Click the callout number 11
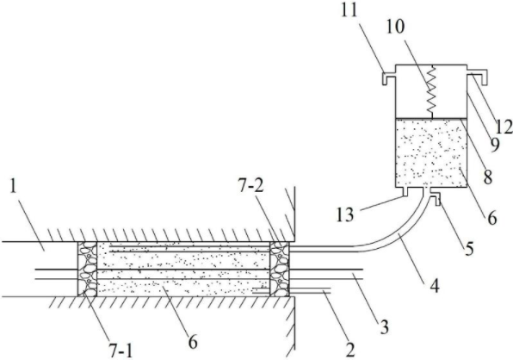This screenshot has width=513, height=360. [349, 11]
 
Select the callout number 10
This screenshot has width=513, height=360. [394, 27]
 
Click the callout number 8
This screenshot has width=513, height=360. [488, 177]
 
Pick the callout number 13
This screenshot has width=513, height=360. [345, 214]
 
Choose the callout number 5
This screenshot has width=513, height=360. [469, 249]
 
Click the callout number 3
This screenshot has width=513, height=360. [384, 326]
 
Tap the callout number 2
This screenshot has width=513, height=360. [349, 351]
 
